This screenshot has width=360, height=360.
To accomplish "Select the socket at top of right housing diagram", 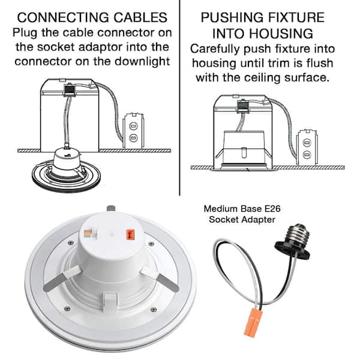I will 243,107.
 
